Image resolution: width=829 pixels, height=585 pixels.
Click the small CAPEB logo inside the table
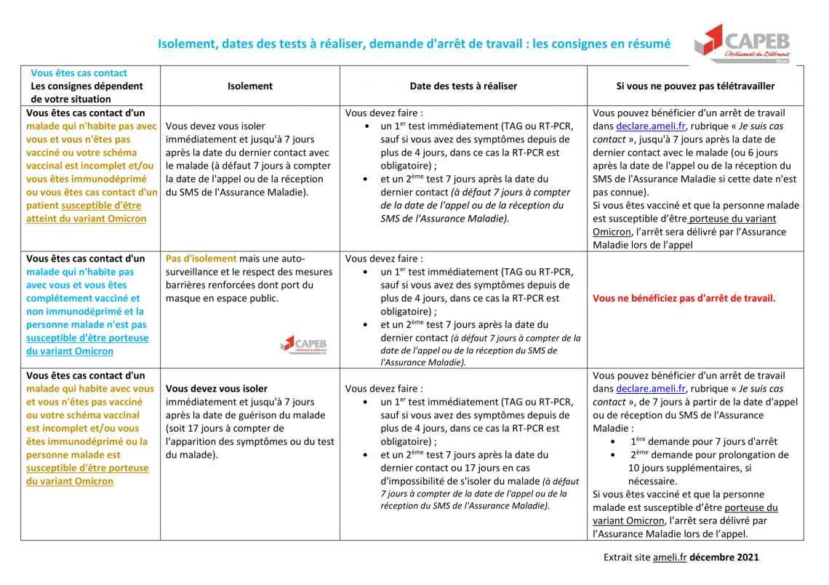(304, 344)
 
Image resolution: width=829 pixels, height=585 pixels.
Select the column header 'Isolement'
(249, 86)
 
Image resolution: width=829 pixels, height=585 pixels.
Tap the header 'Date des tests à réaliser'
(463, 86)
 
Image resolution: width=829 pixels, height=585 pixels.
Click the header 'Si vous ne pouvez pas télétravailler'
(695, 86)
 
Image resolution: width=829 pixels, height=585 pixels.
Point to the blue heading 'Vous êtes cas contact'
(79, 73)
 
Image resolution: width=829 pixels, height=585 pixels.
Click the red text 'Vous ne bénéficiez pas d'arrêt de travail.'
(684, 298)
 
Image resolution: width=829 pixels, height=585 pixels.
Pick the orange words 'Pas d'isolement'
(201, 259)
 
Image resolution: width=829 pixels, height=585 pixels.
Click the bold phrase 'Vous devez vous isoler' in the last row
(217, 389)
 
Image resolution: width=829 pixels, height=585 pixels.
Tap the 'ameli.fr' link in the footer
(669, 557)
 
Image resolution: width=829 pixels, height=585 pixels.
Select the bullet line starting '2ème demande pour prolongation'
(709, 455)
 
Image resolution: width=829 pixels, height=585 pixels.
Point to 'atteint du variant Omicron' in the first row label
(86, 219)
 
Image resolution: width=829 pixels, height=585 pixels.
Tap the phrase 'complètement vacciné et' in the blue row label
(83, 298)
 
